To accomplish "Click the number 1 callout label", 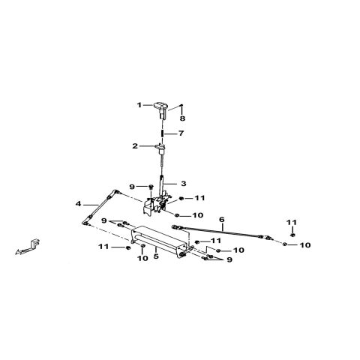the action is pos(139,105).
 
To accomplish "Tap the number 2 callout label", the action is pos(135,146).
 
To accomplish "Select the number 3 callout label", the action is pos(184,184).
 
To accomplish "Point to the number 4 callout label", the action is pos(79,204).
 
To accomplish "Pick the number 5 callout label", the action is pos(156,256).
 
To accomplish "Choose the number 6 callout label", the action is pos(222,220).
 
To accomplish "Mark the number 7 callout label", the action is pos(181,133).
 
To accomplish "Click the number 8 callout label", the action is pos(183,118).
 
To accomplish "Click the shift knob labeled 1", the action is pos(160,109).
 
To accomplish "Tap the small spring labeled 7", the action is pos(162,133).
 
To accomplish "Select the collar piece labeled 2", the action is pos(160,148).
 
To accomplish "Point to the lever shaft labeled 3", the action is pos(162,186).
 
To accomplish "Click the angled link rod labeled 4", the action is pos(100,207).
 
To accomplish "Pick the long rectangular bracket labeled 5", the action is pos(159,242).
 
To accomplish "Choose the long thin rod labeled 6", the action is pos(221,231).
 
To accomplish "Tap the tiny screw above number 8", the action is pos(182,105).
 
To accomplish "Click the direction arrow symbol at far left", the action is pos(27,247).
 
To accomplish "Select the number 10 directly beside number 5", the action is pos(142,258).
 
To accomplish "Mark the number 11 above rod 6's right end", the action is pos(292,222).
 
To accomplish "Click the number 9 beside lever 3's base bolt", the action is pos(132,187).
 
